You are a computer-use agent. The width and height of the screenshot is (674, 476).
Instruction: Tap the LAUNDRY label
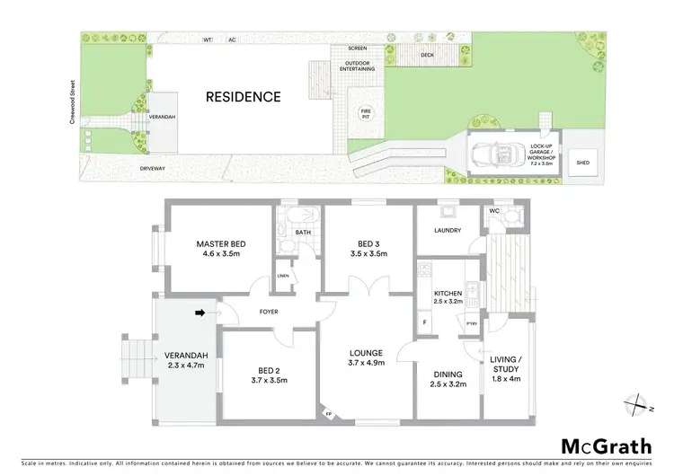(x=447, y=231)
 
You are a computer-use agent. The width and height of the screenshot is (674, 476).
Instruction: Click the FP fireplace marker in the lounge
(x=329, y=415)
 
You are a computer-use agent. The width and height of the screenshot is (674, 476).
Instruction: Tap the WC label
(x=493, y=211)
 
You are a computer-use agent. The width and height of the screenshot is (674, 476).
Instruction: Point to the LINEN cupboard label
(x=282, y=276)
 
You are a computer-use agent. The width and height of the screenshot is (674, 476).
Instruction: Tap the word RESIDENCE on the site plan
(x=243, y=97)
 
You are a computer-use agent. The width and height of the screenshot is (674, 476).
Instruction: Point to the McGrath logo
(x=607, y=445)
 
